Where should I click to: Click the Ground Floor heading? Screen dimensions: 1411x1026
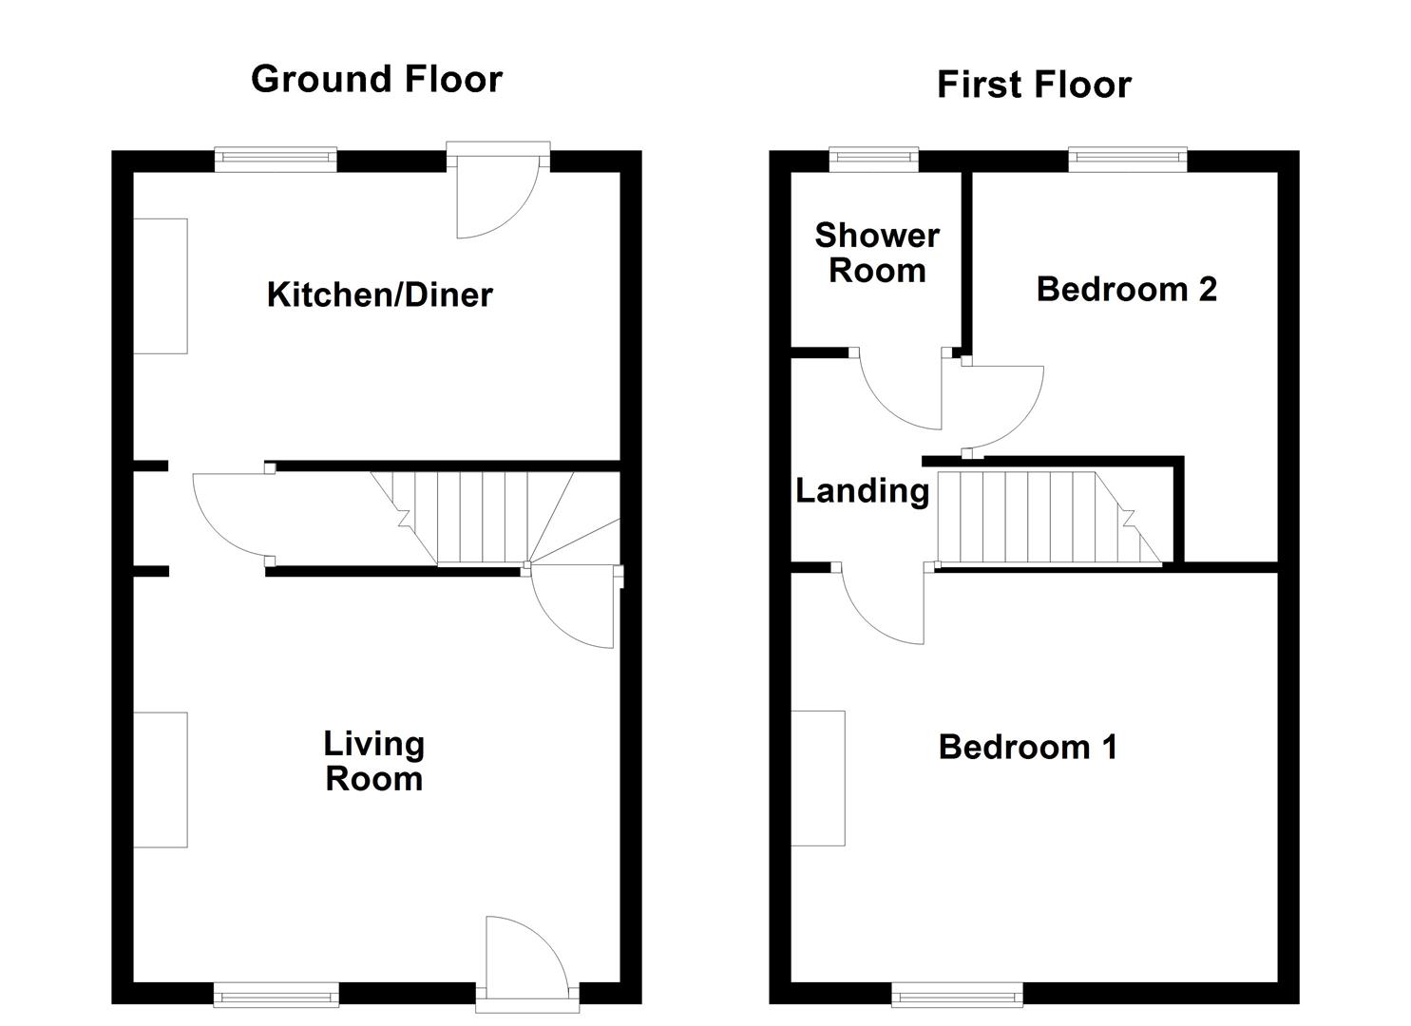point(376,80)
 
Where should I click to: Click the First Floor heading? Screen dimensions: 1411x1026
point(1035,85)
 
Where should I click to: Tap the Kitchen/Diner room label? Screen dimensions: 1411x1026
point(380,294)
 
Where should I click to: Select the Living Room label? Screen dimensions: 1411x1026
point(374,761)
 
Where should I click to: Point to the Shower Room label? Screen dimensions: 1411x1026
point(877,253)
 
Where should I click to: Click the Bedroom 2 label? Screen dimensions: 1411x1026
point(1126,290)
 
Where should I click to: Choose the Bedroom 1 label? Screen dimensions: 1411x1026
point(1028,748)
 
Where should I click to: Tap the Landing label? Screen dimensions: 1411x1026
point(863,492)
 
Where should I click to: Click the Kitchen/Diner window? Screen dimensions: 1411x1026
point(276,160)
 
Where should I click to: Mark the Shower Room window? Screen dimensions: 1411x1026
point(874,160)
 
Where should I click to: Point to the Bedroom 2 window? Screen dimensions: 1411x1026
point(1128,160)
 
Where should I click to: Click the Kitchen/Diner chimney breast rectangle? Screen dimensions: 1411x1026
point(161,286)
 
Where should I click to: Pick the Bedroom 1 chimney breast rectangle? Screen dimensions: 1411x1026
point(818,778)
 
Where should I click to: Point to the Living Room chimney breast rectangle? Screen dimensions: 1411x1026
point(161,780)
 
